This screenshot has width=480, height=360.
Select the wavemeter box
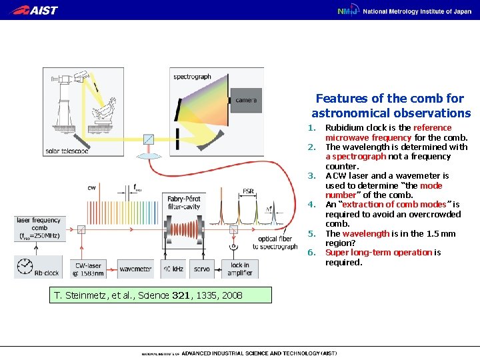[135, 269]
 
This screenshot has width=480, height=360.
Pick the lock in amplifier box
[239, 269]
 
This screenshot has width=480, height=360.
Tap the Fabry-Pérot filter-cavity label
[185, 202]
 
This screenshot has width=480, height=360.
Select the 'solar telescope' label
[66, 151]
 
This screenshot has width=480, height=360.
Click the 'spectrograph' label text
[192, 77]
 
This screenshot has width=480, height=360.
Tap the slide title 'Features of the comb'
[391, 105]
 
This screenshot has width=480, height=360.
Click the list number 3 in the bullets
[311, 176]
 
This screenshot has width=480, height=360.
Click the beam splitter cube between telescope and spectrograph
[148, 139]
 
